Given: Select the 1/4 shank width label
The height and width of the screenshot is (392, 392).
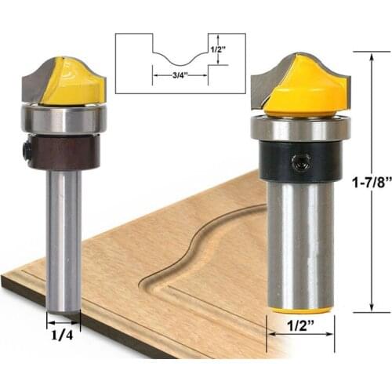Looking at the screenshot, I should pos(63,332).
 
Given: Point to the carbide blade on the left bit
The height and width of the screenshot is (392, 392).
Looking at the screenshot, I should pos(35,85).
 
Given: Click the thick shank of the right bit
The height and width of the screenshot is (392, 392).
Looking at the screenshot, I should pos(299,243).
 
